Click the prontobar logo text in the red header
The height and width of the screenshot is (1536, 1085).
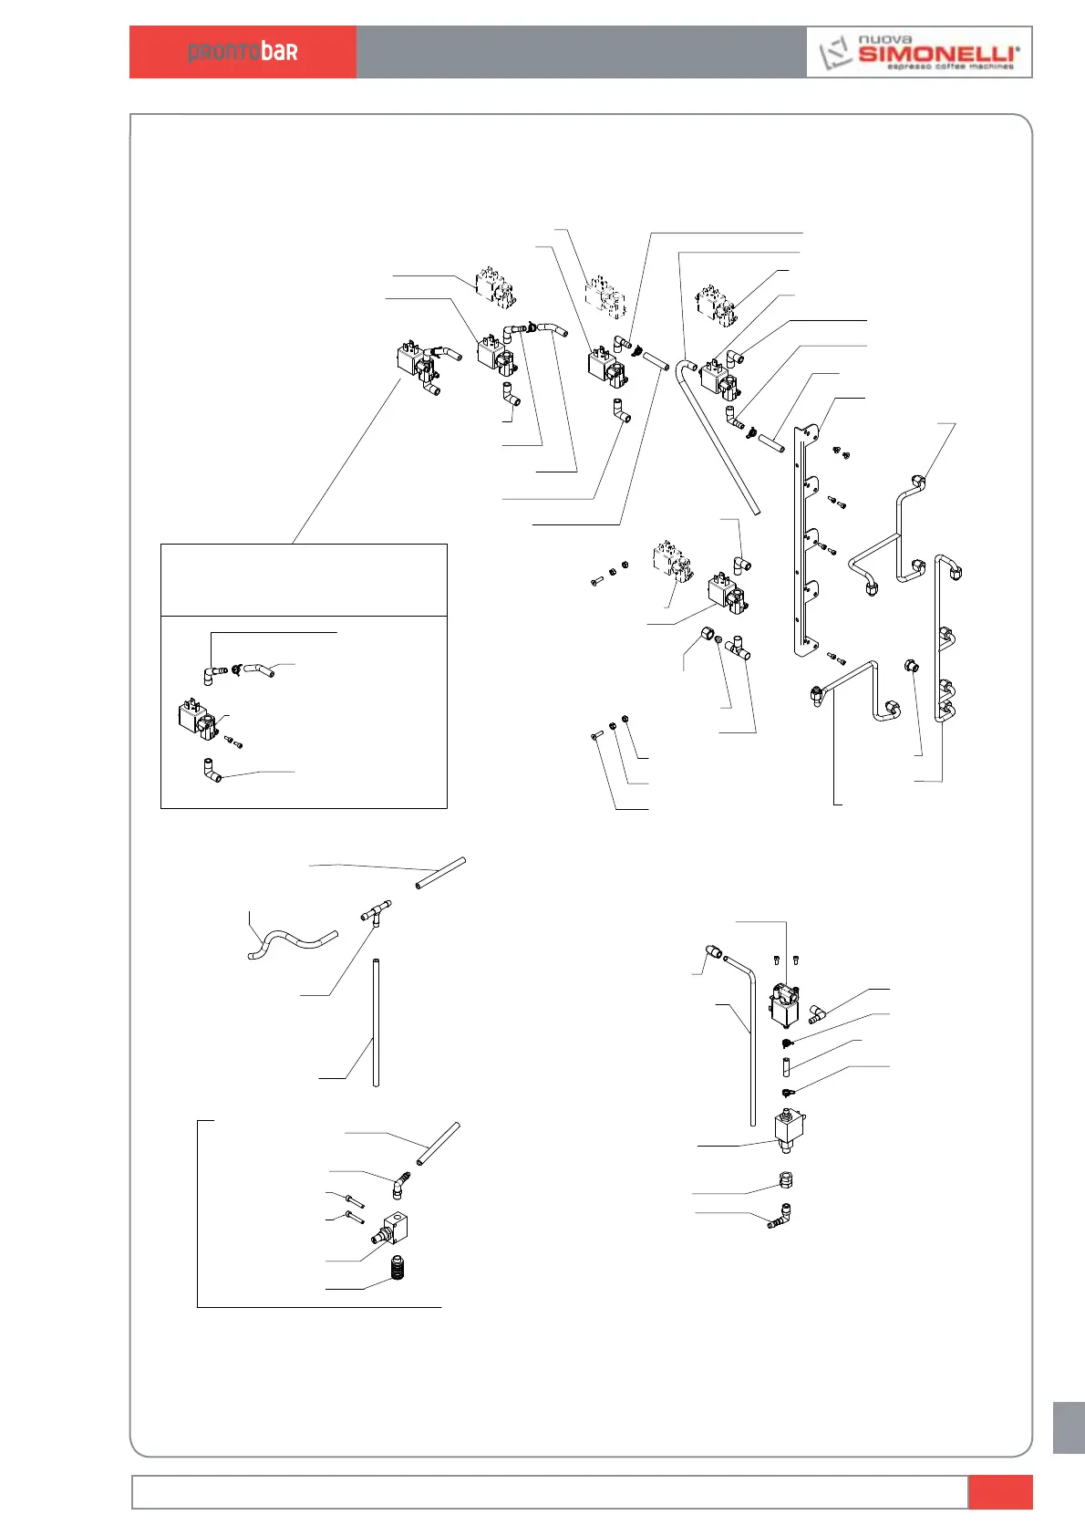click(243, 52)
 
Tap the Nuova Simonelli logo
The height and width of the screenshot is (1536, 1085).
click(919, 52)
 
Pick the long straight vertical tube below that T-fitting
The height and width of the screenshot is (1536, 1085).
click(376, 1022)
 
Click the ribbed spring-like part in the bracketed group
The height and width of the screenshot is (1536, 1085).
click(398, 1268)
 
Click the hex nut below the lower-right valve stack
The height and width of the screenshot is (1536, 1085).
click(787, 1179)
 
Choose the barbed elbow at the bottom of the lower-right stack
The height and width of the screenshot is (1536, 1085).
click(781, 1215)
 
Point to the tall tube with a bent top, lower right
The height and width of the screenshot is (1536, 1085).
click(751, 1040)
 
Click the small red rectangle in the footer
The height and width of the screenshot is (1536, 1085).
click(999, 1492)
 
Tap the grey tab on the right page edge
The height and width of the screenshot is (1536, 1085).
click(1068, 1427)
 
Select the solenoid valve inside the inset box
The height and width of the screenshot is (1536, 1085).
click(197, 721)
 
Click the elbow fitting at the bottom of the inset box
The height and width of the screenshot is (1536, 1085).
click(212, 772)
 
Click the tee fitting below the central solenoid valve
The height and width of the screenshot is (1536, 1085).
click(736, 649)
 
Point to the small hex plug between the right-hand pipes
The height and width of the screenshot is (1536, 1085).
click(912, 667)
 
